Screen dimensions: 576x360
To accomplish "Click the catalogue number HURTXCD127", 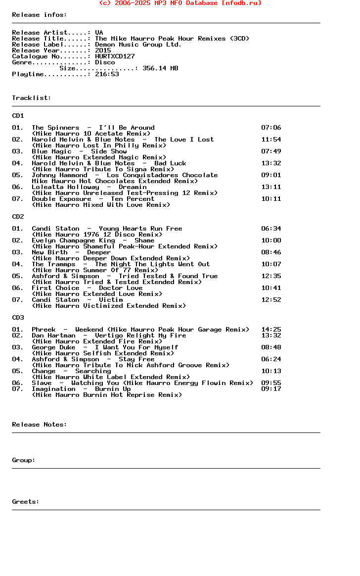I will click(115, 56).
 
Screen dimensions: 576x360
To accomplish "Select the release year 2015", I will click(103, 50).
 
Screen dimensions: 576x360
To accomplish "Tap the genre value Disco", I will click(105, 62).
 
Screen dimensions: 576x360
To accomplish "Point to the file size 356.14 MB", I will click(160, 68).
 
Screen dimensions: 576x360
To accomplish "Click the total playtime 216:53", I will click(107, 74).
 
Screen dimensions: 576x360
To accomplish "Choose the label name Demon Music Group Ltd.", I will click(138, 45).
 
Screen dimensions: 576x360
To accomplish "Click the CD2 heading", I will click(18, 217).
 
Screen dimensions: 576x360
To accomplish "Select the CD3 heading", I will click(18, 318).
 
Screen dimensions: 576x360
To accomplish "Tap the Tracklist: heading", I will click(32, 98).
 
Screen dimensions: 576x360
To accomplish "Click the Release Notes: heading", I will click(40, 425).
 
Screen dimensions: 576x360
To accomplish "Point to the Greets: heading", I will click(26, 502).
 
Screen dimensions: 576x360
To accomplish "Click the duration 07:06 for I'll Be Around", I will click(271, 128).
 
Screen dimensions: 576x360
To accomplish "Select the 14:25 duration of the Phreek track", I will click(271, 330).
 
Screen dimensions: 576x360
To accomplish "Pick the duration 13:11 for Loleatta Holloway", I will click(271, 187).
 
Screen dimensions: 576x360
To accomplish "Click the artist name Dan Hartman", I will click(53, 336).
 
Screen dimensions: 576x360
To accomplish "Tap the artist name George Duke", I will click(53, 347).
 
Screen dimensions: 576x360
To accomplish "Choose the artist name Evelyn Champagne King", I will click(73, 240).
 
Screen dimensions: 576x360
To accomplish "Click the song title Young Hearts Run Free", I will click(140, 229).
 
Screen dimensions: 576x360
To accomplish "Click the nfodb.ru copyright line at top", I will click(180, 3).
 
